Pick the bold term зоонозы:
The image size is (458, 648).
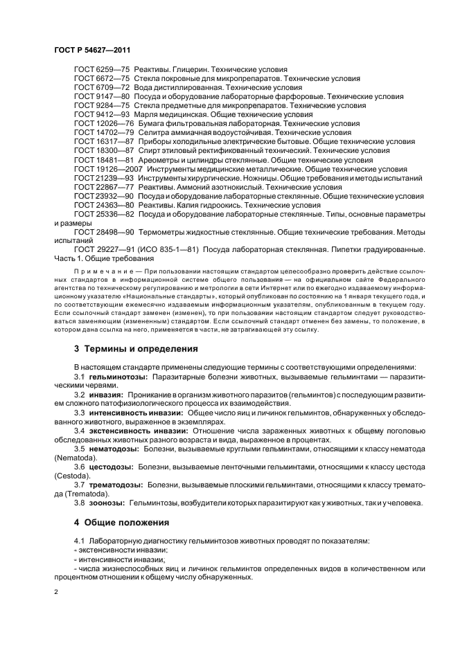108,502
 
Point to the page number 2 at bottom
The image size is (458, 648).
56,592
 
